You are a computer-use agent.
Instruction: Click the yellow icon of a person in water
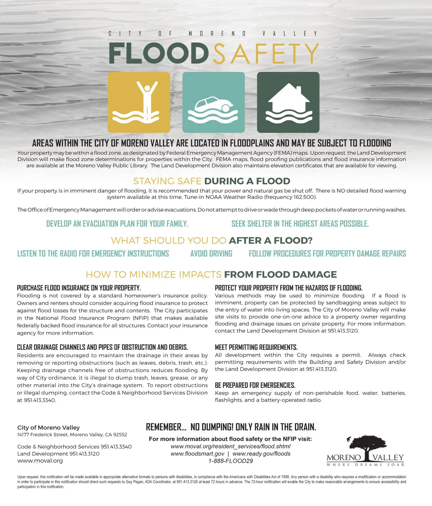pos(139,102)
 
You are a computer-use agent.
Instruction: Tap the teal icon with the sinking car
pos(213,102)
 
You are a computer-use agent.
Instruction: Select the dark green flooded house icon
pos(288,102)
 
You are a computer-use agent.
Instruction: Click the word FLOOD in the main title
pos(158,53)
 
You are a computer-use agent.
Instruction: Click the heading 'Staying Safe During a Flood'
pos(212,181)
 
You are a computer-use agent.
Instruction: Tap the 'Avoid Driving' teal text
pos(211,254)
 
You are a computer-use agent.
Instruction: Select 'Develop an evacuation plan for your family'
pos(117,224)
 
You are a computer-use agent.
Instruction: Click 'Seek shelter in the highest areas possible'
pos(300,224)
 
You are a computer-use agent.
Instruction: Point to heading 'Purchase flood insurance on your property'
pos(79,288)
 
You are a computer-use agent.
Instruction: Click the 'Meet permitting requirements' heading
pos(256,347)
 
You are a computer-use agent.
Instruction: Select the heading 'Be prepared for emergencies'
pos(255,385)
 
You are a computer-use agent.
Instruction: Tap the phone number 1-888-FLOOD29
pos(230,461)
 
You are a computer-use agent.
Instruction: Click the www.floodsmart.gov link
pos(197,454)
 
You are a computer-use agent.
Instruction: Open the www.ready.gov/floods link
pos(261,454)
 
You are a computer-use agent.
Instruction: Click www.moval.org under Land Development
pos(40,461)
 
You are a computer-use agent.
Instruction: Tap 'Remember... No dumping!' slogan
pos(231,427)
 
